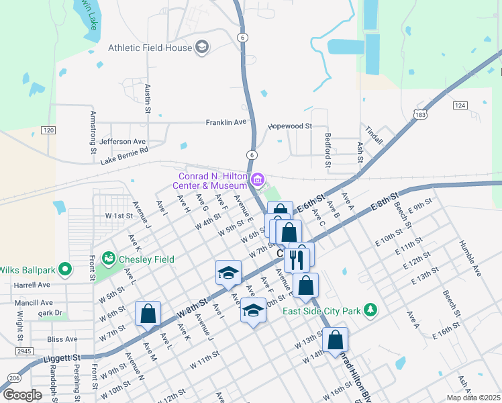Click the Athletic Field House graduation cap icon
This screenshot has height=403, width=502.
point(201,47)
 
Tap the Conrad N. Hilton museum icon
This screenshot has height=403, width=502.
point(256,180)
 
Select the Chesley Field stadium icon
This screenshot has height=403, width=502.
point(107,259)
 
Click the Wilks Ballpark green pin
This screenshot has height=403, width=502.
point(65,270)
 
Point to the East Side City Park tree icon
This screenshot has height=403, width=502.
point(368,310)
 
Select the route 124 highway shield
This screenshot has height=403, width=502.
point(460,105)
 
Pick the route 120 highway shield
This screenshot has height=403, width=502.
point(47,130)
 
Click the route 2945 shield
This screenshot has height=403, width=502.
point(24,351)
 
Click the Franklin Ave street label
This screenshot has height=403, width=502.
point(227,122)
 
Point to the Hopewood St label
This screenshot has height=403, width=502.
point(291,126)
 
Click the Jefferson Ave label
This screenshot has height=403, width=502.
point(122,142)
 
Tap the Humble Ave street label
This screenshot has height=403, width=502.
point(470,259)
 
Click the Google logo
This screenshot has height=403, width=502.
point(23,395)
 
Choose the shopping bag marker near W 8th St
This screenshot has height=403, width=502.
point(148,313)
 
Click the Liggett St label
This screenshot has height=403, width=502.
point(66,358)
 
